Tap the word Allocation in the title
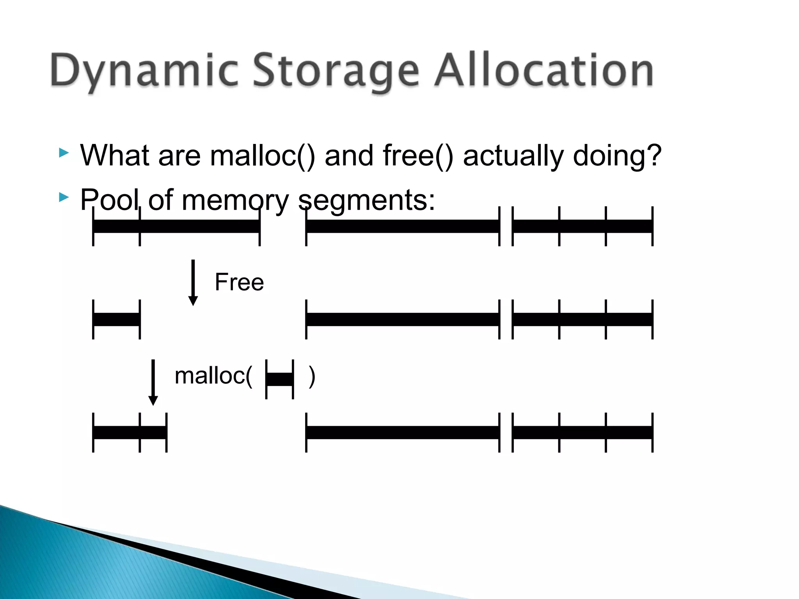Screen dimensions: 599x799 544,70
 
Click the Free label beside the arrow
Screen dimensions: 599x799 239,282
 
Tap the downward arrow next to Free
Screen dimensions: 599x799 193,283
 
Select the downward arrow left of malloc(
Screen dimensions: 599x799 153,383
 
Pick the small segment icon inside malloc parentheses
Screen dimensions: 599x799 279,379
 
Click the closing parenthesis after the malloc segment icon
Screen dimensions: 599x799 312,377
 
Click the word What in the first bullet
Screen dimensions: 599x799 115,156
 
